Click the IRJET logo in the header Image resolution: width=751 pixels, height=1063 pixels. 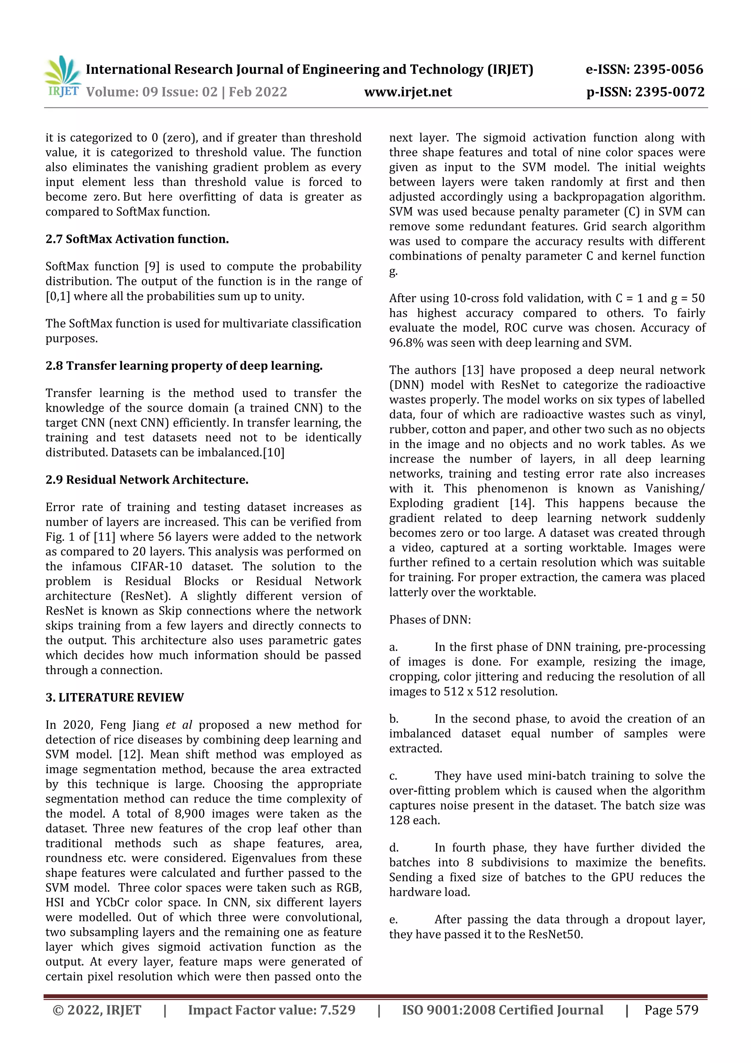click(62, 77)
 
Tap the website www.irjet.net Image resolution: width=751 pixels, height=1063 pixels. click(408, 92)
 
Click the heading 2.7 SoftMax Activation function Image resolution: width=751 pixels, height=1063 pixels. click(137, 239)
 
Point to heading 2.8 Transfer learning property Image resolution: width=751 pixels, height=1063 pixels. click(184, 366)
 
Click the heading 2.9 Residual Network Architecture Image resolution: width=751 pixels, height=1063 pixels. click(147, 480)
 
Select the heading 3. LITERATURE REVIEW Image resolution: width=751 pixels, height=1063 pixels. click(114, 697)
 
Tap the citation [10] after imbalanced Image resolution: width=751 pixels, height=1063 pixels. click(274, 452)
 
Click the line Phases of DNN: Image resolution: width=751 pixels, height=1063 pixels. click(429, 619)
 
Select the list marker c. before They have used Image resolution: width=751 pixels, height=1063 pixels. click(393, 776)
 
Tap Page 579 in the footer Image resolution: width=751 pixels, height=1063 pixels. click(671, 1010)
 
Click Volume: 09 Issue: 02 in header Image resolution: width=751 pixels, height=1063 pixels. click(152, 92)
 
